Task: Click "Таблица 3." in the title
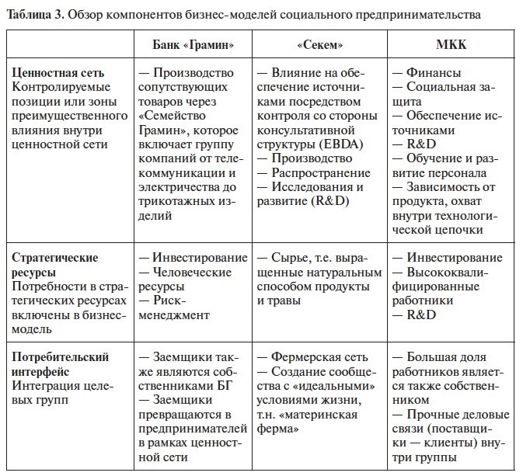(x=33, y=14)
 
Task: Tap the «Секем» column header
(x=321, y=44)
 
